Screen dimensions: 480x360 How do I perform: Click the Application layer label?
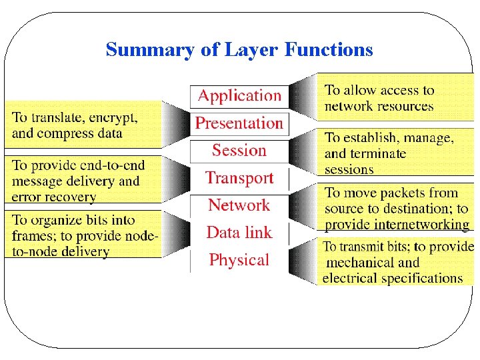(239, 96)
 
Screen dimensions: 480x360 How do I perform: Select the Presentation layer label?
(239, 123)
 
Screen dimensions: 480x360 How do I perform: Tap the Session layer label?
(239, 151)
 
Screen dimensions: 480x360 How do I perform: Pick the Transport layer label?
(239, 178)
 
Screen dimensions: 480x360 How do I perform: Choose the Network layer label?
(239, 205)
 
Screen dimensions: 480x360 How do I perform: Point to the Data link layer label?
(239, 233)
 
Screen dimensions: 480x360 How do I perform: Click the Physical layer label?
(239, 260)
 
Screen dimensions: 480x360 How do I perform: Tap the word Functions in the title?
(329, 50)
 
